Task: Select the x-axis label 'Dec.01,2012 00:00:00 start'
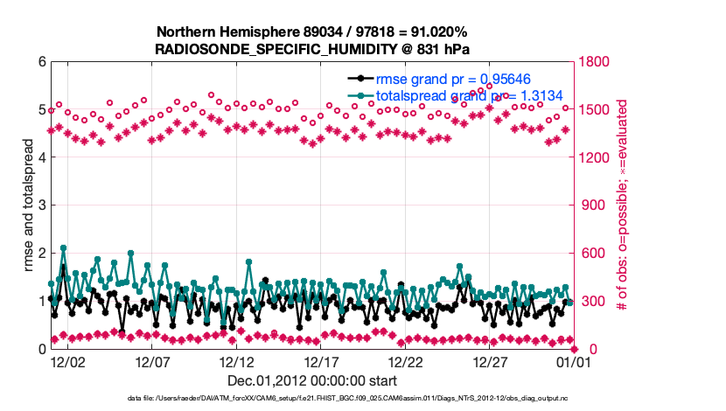[x=312, y=380]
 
